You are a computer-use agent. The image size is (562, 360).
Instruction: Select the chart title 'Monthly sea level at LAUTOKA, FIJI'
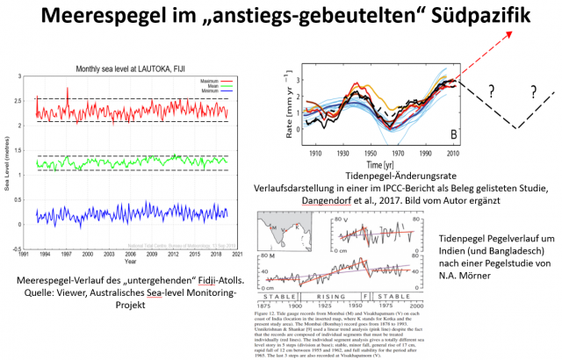[130, 68]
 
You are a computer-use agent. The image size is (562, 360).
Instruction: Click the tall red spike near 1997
[68, 90]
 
